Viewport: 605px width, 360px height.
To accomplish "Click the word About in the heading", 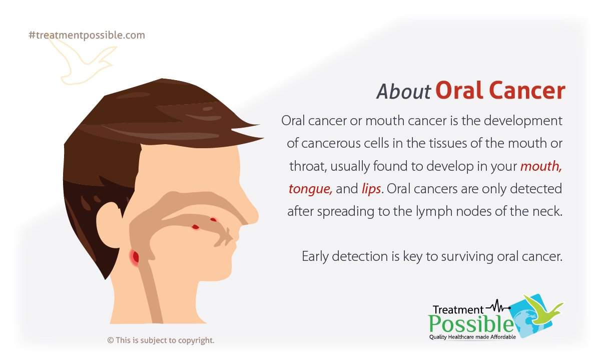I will coord(403,92).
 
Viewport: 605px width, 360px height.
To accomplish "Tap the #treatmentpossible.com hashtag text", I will coord(87,35).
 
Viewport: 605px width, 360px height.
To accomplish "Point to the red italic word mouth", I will coord(541,167).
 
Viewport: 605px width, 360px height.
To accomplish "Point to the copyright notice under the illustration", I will coord(161,340).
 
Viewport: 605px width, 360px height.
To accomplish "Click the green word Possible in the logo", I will coord(470,323).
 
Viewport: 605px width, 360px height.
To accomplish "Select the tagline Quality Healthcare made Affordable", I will coord(472,337).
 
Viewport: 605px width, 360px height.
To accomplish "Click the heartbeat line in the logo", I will coord(498,305).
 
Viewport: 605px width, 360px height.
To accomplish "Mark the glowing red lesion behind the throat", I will coord(135,257).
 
